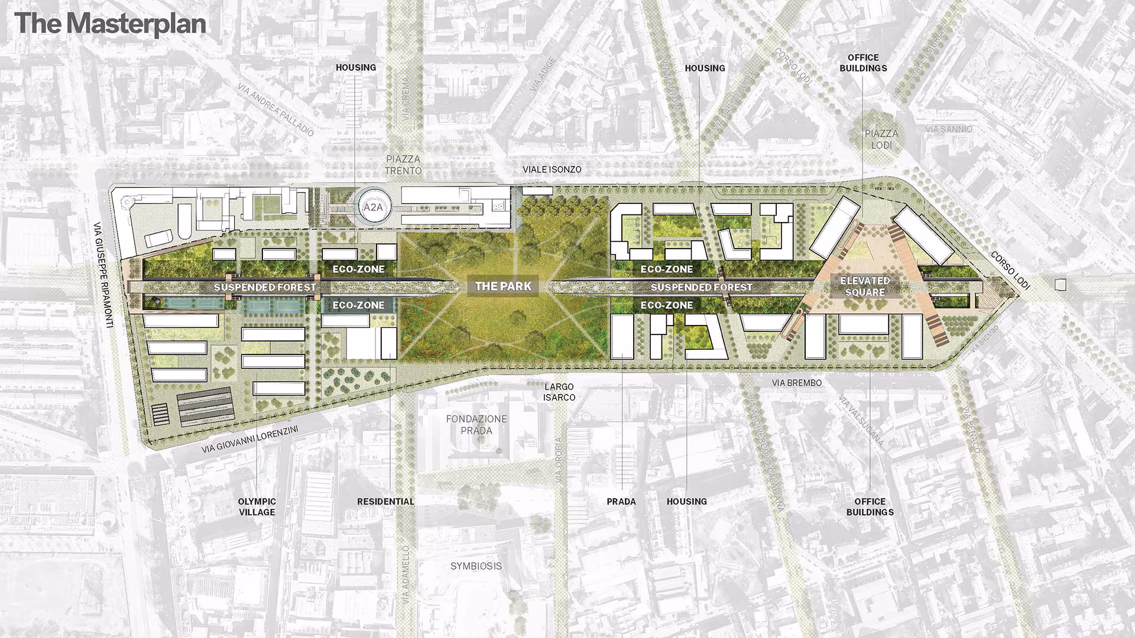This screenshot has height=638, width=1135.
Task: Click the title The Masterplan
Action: [x=111, y=24]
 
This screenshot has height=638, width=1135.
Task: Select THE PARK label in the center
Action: [x=503, y=287]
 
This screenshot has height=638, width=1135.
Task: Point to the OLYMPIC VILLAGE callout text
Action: [x=257, y=506]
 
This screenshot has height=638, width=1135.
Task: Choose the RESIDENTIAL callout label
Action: [x=385, y=502]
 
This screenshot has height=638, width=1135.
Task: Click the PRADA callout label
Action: [x=621, y=502]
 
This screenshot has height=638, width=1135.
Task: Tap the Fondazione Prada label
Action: [x=476, y=424]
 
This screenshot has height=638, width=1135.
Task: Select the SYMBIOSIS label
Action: [x=476, y=566]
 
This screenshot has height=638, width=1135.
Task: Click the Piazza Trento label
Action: [x=403, y=165]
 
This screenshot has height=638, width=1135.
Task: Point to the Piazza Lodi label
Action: [x=881, y=139]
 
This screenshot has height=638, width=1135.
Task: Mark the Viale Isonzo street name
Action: [x=552, y=170]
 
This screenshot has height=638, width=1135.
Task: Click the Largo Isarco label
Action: [x=559, y=392]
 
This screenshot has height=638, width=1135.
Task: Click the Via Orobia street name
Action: [x=560, y=461]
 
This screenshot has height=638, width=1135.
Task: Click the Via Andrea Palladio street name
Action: [x=275, y=110]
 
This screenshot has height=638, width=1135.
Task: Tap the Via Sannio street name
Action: [x=949, y=129]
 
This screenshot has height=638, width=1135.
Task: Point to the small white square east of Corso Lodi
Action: [x=1061, y=285]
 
